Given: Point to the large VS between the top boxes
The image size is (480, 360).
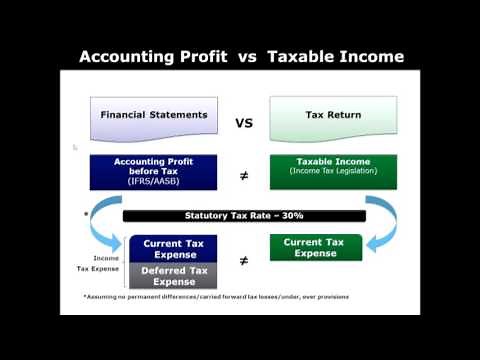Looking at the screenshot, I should point(243,124).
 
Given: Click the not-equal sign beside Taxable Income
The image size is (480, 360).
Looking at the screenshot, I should point(243,175).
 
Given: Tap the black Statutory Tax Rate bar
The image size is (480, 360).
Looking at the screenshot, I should point(243,215).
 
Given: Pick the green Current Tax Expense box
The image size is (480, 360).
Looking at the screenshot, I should point(315,247).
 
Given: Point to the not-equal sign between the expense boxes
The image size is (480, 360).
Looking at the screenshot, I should point(243,262).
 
